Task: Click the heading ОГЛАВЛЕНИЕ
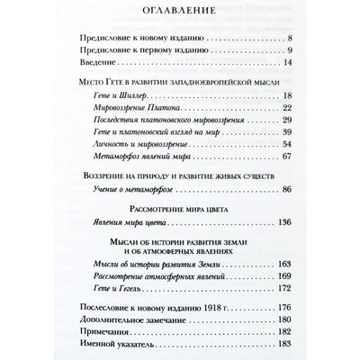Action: click(180, 14)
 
